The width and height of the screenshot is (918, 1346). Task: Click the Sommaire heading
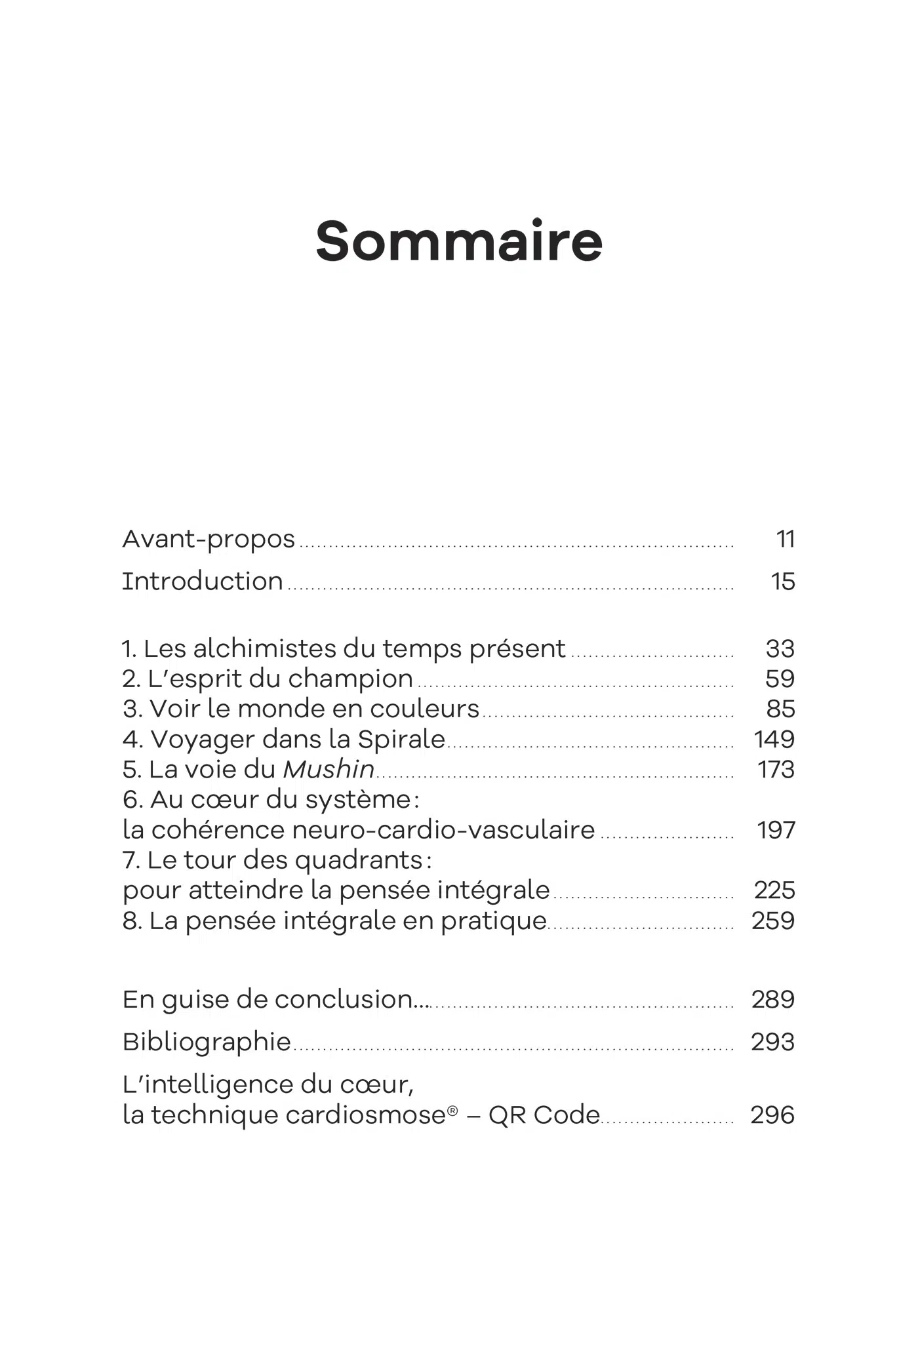458,241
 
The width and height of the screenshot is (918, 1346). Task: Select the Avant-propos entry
209,540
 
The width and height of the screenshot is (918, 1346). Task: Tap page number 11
785,539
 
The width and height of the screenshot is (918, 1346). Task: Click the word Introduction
203,582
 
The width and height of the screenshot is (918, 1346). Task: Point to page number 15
783,582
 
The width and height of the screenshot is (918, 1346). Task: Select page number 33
780,648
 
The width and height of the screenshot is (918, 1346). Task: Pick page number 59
780,679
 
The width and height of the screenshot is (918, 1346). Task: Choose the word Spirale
401,740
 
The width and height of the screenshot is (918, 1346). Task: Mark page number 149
774,740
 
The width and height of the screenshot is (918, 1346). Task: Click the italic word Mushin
329,770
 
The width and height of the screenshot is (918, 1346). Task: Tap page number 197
776,830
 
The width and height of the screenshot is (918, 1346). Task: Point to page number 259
773,920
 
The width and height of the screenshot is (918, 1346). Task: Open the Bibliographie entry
207,1042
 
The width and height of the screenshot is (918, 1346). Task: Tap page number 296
772,1115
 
